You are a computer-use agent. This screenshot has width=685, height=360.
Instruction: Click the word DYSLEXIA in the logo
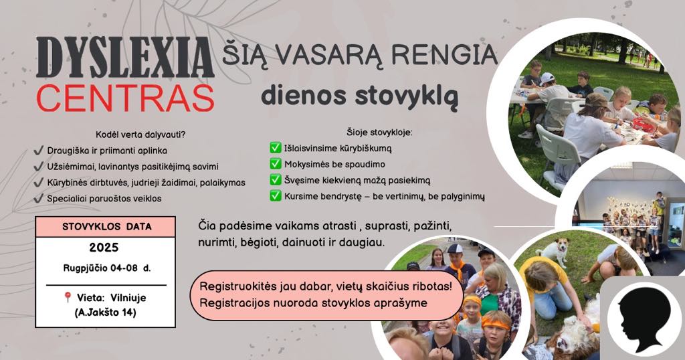(x=125, y=58)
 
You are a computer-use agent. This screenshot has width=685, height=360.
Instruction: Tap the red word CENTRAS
(x=125, y=98)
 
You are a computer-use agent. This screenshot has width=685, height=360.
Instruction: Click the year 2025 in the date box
(x=104, y=248)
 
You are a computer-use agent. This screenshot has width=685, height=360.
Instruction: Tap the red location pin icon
(x=68, y=297)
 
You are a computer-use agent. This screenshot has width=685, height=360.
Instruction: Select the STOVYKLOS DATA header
(x=107, y=227)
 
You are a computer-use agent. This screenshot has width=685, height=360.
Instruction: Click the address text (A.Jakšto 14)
(x=106, y=312)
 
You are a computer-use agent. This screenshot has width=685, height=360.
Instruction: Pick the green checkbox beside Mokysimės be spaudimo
(x=276, y=164)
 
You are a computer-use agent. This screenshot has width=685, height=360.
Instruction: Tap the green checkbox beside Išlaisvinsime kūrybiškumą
(x=276, y=148)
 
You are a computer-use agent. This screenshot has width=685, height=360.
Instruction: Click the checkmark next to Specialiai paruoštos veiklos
(x=38, y=199)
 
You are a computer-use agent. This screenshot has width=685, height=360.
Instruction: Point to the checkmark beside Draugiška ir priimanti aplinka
(x=38, y=151)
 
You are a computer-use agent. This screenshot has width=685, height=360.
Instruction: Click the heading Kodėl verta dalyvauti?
(x=140, y=134)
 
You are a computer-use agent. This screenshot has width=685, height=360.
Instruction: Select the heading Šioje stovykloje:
(x=380, y=132)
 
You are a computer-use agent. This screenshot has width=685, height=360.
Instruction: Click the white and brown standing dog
(x=552, y=251)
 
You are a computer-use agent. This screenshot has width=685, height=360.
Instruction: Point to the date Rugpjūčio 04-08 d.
(x=107, y=268)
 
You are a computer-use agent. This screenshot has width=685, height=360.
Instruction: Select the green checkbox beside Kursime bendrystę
(x=276, y=196)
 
